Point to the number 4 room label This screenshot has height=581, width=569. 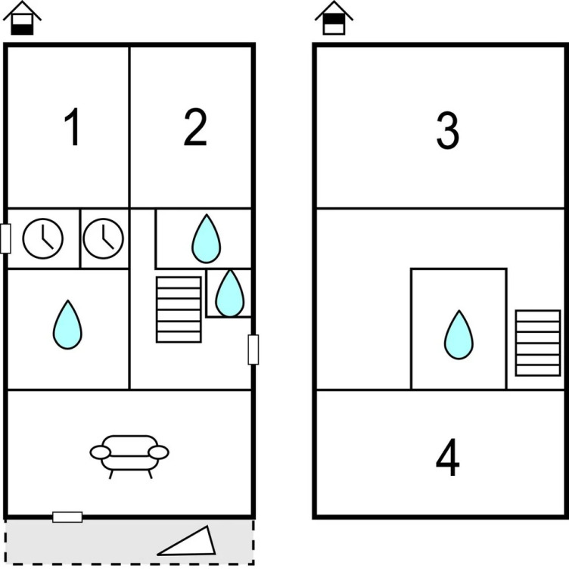point(448,458)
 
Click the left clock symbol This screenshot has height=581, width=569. point(43,238)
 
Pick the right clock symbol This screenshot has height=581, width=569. point(104,238)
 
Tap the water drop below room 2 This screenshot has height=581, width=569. point(206,238)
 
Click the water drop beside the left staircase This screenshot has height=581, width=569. point(230,293)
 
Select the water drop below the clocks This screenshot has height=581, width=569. point(67,325)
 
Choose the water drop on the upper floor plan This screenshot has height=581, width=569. point(458,334)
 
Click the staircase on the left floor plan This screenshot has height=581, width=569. point(179,309)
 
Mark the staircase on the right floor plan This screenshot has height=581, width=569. point(538,343)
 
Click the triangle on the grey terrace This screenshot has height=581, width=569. point(189,542)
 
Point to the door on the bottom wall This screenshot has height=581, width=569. point(67,517)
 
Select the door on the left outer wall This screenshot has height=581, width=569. point(5,238)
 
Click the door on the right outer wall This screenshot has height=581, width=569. point(253,350)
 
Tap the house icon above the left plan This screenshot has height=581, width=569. point(23,18)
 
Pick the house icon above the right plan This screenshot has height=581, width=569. point(334,18)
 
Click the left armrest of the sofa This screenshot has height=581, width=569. point(101,452)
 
